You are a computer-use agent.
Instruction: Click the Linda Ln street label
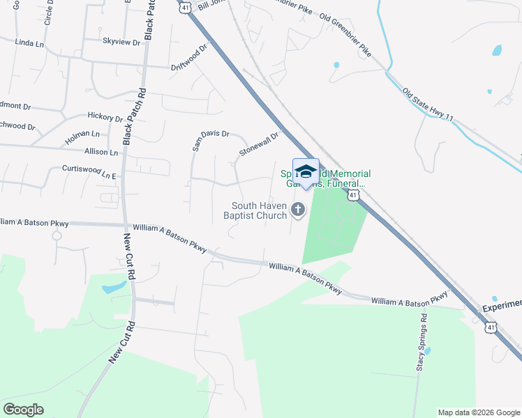tap(29, 43)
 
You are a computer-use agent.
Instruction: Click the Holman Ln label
tap(82, 134)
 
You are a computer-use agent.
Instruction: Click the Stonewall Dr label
tap(259, 144)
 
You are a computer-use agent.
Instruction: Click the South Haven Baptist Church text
tap(260, 210)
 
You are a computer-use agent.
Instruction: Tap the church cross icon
tap(298, 209)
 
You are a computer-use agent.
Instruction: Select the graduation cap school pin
tap(306, 171)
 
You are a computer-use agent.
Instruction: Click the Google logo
tap(23, 410)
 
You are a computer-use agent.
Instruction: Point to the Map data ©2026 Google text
tap(478, 412)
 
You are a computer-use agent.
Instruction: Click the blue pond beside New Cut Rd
tap(114, 287)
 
